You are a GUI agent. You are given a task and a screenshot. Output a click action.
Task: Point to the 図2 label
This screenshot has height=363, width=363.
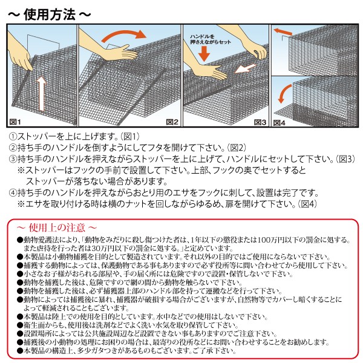point(172,122)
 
